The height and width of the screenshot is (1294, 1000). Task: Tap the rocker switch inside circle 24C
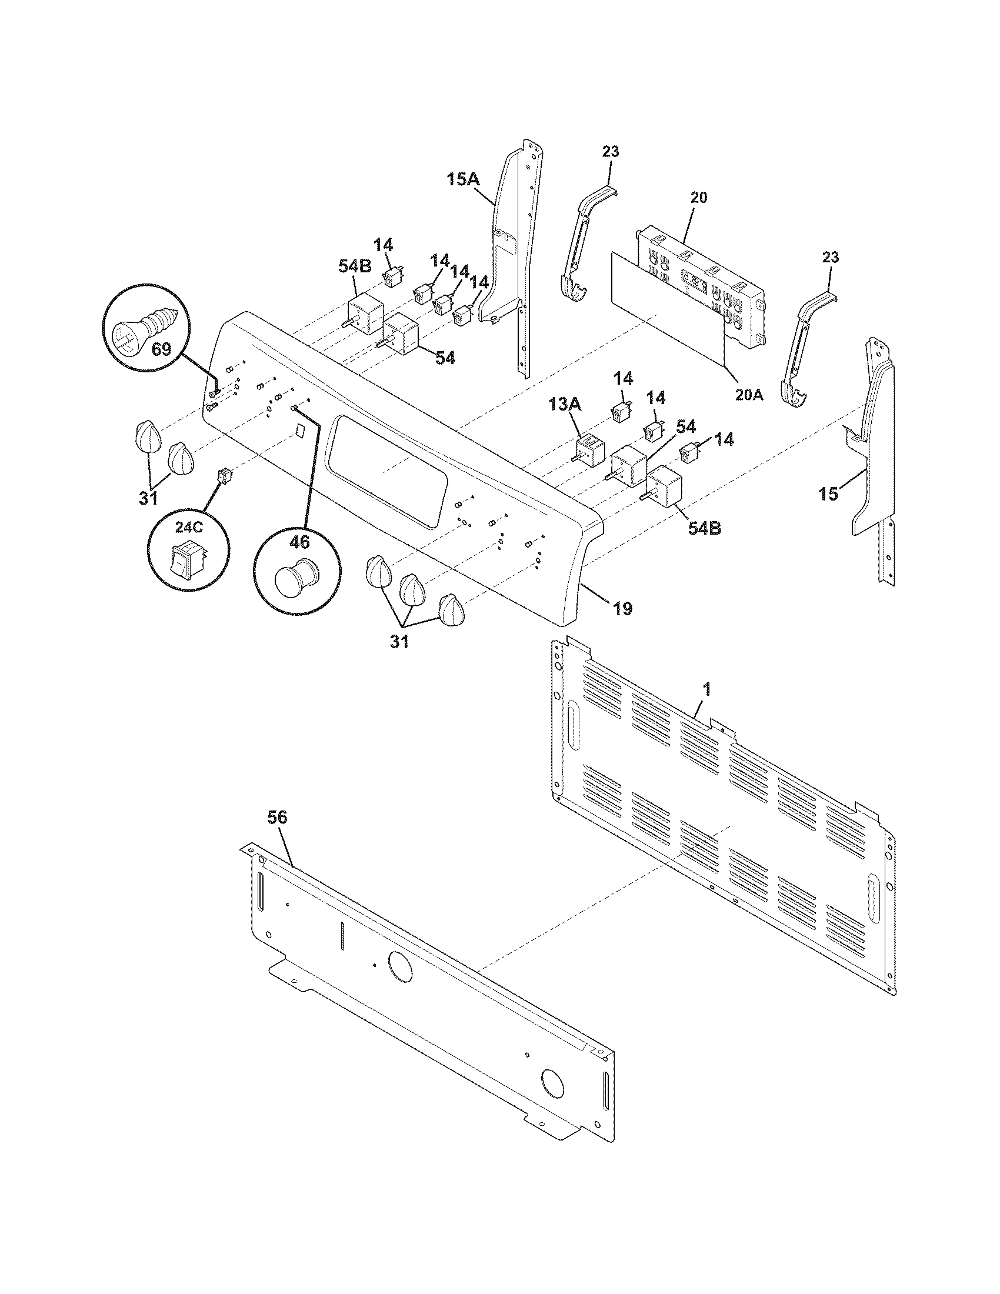tap(186, 558)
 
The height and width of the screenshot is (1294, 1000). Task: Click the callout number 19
tap(622, 608)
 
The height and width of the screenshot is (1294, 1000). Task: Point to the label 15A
tap(463, 179)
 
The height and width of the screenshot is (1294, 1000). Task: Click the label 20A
tap(749, 394)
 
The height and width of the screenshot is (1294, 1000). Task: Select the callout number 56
tap(276, 818)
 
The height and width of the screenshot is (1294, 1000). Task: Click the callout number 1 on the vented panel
tap(706, 689)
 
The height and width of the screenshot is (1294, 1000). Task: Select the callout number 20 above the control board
tap(699, 197)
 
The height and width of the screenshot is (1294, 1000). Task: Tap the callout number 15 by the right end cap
tap(828, 493)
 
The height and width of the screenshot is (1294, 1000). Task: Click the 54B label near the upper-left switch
tap(355, 266)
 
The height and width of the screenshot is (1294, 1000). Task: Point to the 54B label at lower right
tap(704, 528)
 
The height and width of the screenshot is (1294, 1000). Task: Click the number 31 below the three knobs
tap(399, 641)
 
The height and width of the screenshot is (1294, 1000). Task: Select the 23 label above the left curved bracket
tap(611, 151)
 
